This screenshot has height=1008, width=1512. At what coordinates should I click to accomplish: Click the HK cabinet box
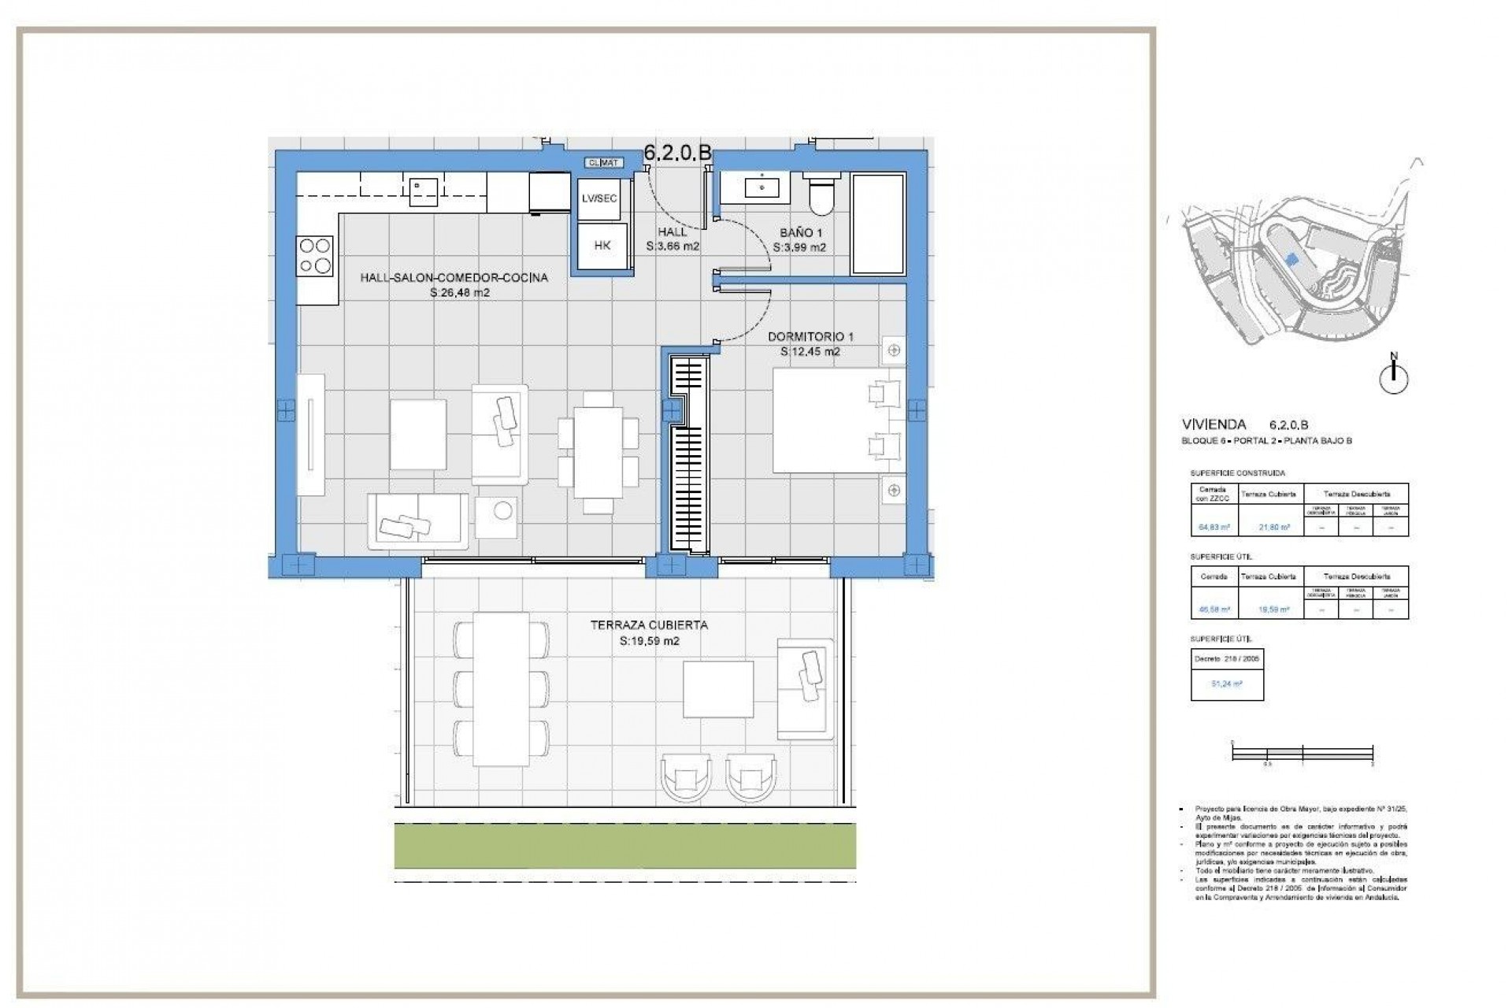tap(602, 246)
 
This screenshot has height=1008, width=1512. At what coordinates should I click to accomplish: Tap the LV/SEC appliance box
tap(599, 198)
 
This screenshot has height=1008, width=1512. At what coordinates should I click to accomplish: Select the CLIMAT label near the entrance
tap(604, 163)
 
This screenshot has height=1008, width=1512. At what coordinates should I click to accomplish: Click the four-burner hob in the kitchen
tap(314, 256)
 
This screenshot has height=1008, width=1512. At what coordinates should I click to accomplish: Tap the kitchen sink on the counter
tap(424, 191)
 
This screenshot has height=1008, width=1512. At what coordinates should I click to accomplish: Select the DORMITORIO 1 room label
tap(810, 337)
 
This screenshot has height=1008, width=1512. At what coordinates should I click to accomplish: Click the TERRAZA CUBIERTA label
tap(649, 625)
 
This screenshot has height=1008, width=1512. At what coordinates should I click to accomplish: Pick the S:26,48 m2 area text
tap(459, 293)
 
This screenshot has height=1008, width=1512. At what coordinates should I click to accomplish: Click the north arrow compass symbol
tap(1394, 377)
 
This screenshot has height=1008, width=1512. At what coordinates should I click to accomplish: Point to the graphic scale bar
tap(1303, 754)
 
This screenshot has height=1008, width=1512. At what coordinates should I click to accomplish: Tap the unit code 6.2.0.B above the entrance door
tap(677, 153)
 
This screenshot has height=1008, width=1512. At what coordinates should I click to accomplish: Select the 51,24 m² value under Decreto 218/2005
tap(1226, 684)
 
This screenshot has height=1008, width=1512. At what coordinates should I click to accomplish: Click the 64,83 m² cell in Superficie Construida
tap(1214, 528)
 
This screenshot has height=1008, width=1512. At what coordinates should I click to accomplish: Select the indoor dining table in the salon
tap(598, 452)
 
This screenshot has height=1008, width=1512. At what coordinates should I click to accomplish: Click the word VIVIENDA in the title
tap(1214, 424)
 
